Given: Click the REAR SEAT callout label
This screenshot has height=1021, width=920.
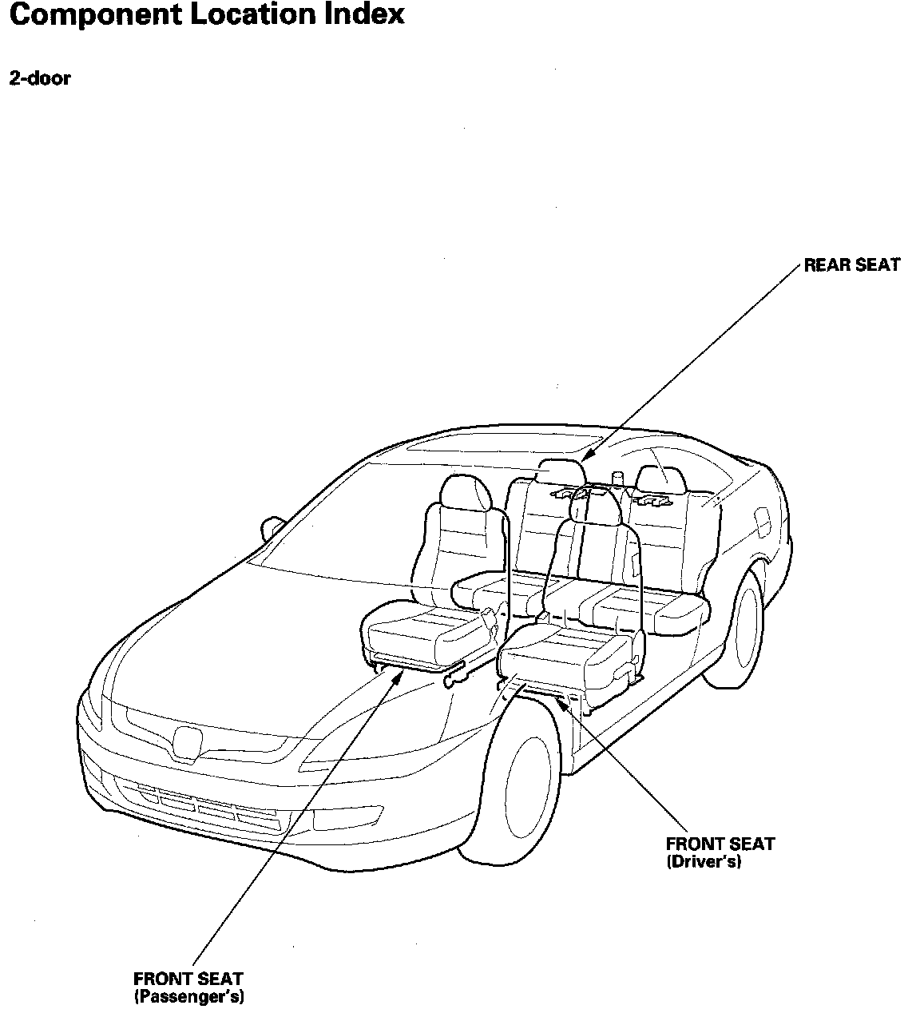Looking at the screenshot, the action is [851, 265].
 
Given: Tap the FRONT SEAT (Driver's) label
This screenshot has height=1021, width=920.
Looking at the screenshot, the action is [720, 852].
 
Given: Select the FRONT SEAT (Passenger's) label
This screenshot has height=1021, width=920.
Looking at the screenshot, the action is [188, 987].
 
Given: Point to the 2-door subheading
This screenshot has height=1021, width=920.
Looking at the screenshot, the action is [39, 78].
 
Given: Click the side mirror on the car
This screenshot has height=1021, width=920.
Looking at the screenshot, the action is [272, 527].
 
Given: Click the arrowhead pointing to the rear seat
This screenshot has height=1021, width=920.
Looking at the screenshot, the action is [585, 457].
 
